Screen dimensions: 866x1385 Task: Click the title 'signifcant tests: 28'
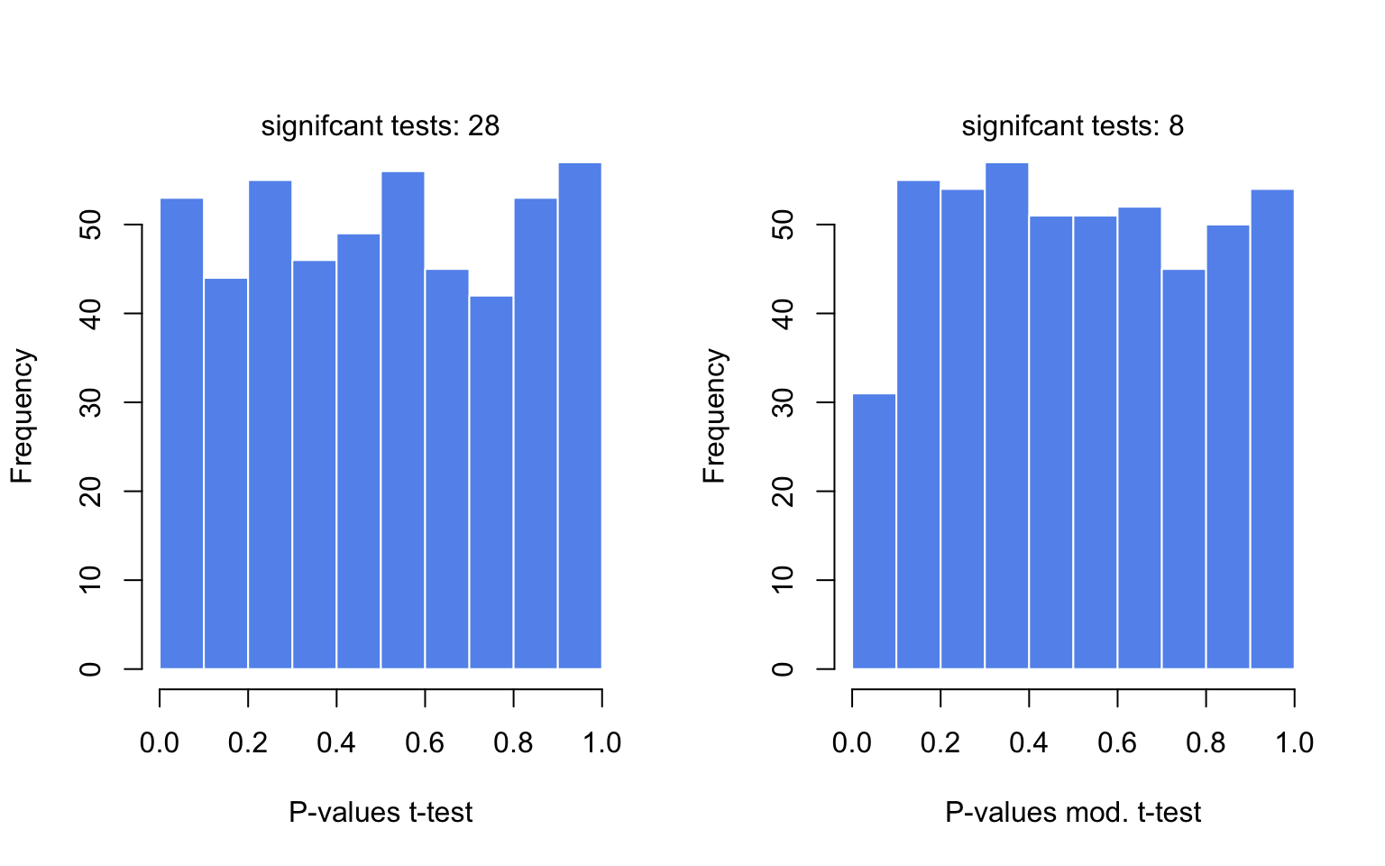point(380,125)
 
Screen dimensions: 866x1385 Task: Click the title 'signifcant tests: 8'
point(1072,125)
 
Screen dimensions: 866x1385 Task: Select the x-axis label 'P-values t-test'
point(380,812)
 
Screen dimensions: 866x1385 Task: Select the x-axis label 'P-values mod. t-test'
point(1072,812)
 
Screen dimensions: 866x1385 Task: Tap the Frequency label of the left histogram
point(22,416)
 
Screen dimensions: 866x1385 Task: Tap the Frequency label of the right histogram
point(714,416)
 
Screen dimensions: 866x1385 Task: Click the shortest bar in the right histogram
point(874,531)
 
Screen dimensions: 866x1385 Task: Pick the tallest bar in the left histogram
point(580,416)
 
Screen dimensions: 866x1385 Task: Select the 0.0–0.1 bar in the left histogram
point(181,433)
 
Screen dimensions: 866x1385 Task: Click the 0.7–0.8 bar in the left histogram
point(491,483)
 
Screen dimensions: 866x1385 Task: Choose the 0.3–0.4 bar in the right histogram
point(1006,416)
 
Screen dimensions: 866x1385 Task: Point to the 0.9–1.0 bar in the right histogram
point(1272,429)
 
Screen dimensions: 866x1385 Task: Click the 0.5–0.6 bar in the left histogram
point(402,420)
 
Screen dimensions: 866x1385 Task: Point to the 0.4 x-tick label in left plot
point(336,742)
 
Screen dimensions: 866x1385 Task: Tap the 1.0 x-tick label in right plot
point(1294,742)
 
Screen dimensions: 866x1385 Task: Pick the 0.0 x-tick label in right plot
point(852,742)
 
